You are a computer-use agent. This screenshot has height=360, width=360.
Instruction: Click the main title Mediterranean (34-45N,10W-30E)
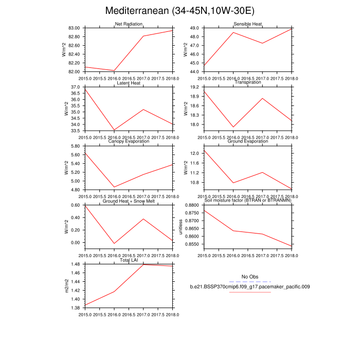pos(179,11)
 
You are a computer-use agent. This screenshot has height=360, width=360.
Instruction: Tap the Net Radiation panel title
pos(129,24)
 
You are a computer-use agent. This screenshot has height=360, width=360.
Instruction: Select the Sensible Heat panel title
pos(248,24)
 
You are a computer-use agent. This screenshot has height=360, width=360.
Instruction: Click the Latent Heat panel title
pos(129,83)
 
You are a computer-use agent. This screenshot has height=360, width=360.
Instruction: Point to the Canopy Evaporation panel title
pos(129,141)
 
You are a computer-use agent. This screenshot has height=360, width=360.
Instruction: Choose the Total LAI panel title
pos(129,261)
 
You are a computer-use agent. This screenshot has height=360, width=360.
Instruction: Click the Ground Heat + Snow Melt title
pos(129,201)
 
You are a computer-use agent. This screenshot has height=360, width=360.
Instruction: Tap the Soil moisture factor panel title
pos(248,201)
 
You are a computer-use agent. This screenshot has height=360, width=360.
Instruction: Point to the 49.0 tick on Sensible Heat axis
pos(195,28)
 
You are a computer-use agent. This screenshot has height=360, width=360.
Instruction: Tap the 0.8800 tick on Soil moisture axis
pos(191,206)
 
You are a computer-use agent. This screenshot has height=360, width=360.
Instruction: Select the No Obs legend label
pos(249,277)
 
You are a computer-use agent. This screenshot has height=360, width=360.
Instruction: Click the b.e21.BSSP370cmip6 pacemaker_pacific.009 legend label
pos(249,286)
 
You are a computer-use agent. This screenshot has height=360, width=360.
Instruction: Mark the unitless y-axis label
pos(181,226)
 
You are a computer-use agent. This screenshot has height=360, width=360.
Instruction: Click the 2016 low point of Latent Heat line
pos(114,130)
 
